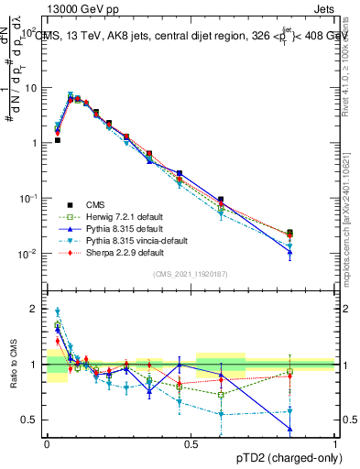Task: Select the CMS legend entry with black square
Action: (100, 204)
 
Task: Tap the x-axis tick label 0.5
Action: (191, 443)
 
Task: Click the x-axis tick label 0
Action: (47, 443)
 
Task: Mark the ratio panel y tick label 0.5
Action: (31, 420)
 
